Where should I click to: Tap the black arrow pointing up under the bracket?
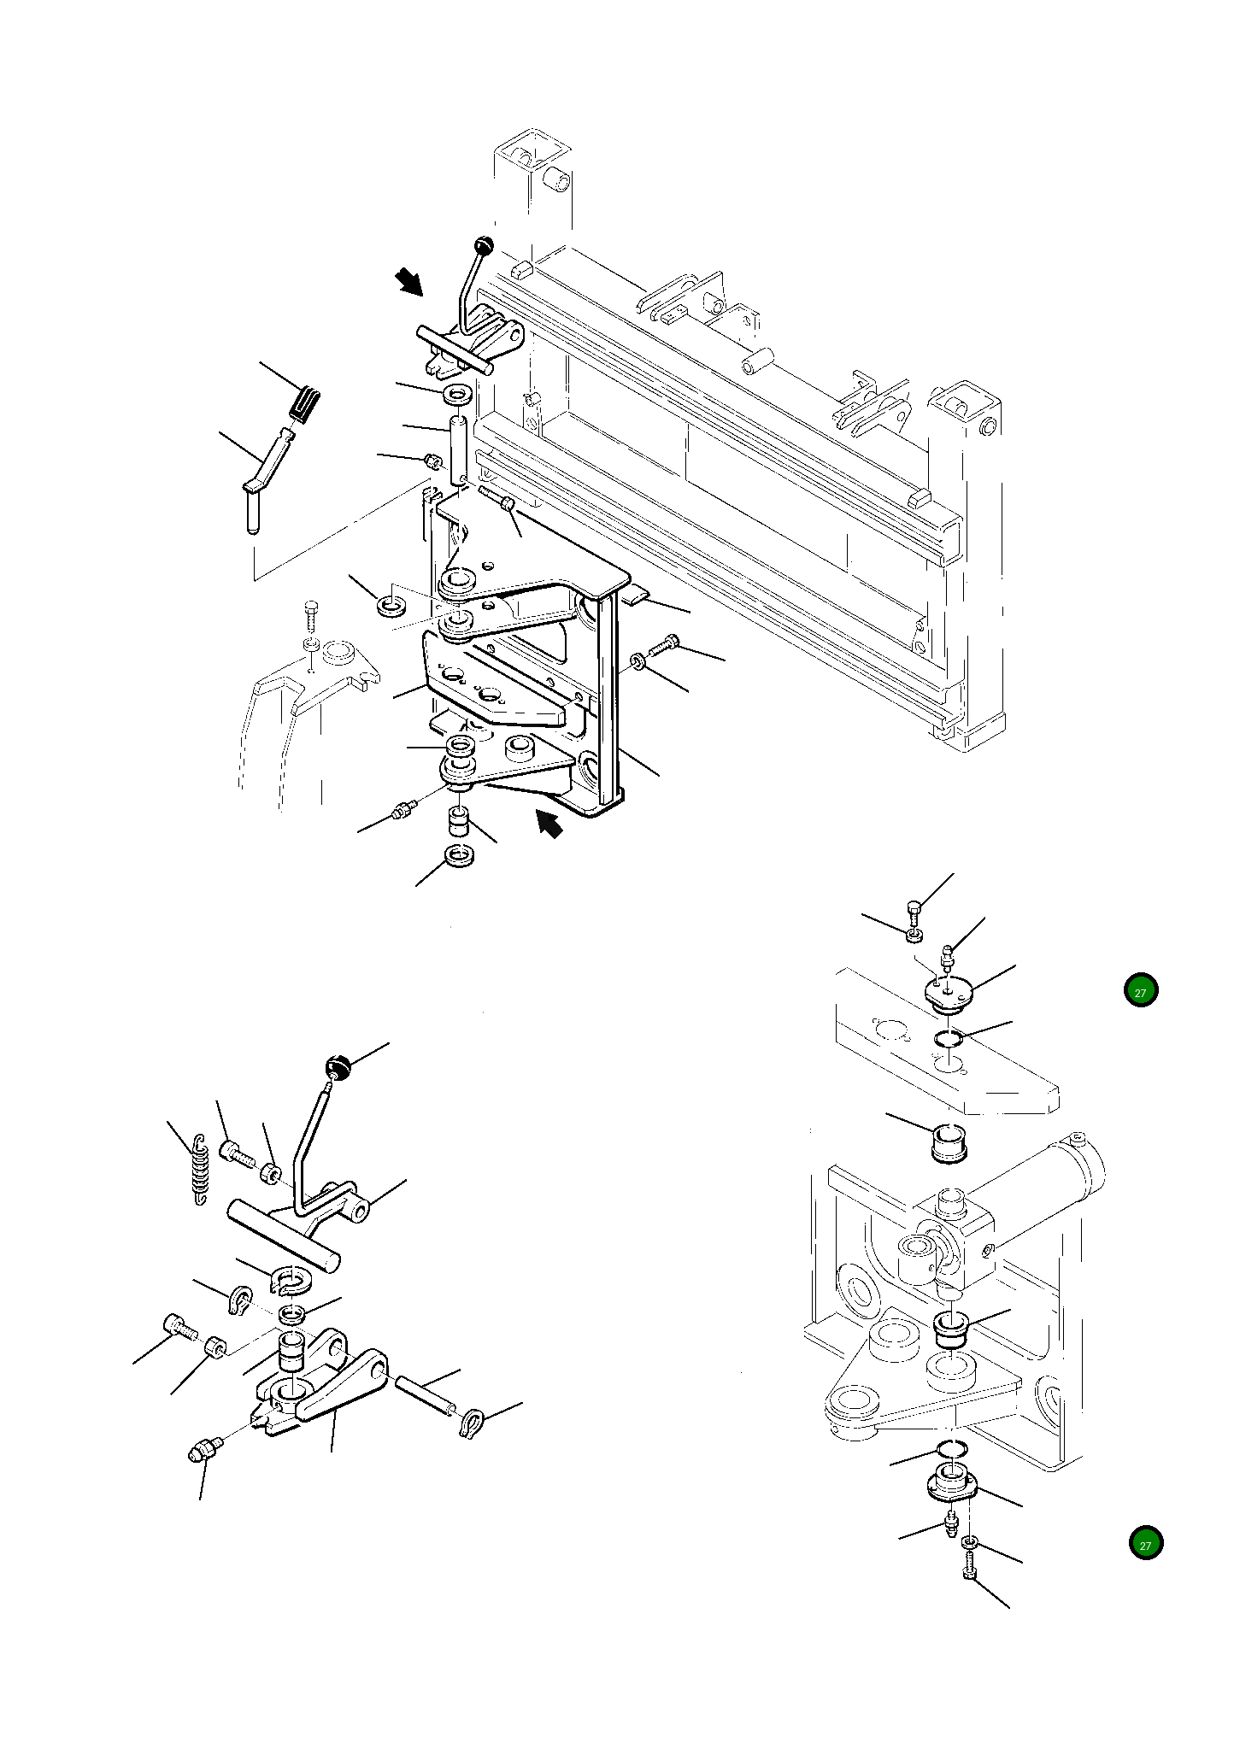coord(549,824)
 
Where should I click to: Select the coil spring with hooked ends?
coord(199,1171)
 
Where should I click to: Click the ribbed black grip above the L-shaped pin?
coord(303,403)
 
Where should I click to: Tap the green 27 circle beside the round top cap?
coord(1140,991)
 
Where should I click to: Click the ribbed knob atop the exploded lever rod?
coord(338,1067)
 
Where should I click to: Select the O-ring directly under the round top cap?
coord(948,1038)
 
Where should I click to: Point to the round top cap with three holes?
coord(950,994)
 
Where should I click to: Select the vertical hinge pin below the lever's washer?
coord(458,449)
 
